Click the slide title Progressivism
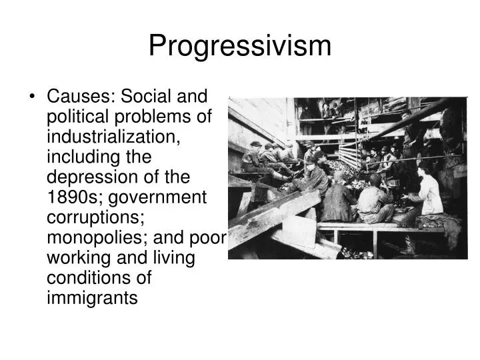[x=239, y=46]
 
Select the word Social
[x=141, y=97]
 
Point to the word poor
[x=211, y=238]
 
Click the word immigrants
[x=92, y=298]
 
